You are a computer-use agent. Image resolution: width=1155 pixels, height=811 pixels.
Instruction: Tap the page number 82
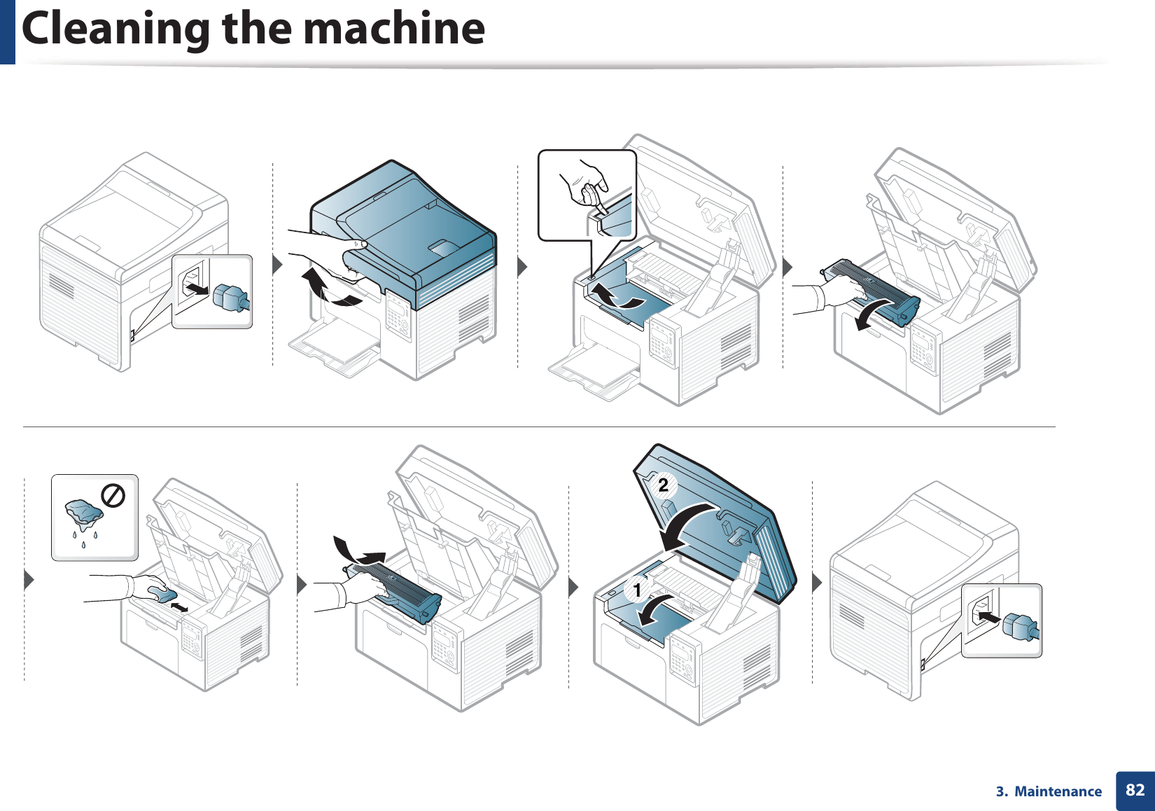(1135, 791)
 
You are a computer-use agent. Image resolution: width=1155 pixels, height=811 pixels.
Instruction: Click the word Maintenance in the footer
(1058, 791)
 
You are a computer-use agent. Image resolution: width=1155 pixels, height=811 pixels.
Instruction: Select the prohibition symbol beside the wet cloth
(113, 496)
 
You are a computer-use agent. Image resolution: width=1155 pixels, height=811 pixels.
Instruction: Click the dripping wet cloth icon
(83, 515)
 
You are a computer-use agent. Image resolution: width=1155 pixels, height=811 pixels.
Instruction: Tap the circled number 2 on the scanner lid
(662, 485)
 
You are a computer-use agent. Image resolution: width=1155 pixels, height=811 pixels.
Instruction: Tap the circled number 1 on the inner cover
(637, 590)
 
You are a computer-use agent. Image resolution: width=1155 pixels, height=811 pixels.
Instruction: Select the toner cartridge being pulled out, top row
(871, 291)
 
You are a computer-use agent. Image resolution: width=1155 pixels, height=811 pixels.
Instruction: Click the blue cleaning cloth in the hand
(162, 595)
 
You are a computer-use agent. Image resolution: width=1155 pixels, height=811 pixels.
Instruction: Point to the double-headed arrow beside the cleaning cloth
(179, 606)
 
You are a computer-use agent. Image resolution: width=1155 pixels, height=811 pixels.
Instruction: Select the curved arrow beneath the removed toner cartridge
(872, 314)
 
